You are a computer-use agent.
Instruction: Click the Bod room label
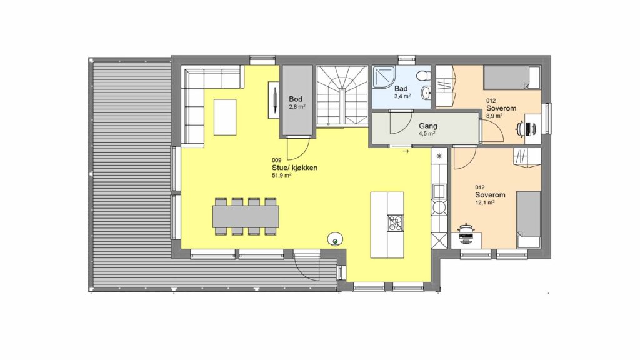click(x=296, y=99)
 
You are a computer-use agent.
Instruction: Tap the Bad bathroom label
click(x=401, y=89)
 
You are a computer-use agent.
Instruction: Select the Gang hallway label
click(x=427, y=126)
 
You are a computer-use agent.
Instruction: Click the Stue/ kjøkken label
click(x=295, y=167)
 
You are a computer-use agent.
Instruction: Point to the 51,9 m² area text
click(x=282, y=176)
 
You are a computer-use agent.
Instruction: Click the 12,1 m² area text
click(x=485, y=202)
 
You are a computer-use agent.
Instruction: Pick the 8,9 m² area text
click(x=494, y=116)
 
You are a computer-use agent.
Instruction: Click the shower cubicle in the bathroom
click(x=384, y=77)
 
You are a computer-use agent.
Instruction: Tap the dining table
click(x=246, y=216)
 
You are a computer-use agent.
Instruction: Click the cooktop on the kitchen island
click(x=395, y=223)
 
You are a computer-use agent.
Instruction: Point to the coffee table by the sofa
click(x=225, y=117)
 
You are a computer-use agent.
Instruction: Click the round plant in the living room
click(x=336, y=240)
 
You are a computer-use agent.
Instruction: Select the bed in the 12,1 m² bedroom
click(x=529, y=219)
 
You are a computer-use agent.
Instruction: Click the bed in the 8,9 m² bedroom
click(x=512, y=77)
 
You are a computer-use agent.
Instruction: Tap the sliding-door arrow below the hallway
click(x=406, y=151)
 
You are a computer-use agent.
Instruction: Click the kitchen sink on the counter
click(x=439, y=191)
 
